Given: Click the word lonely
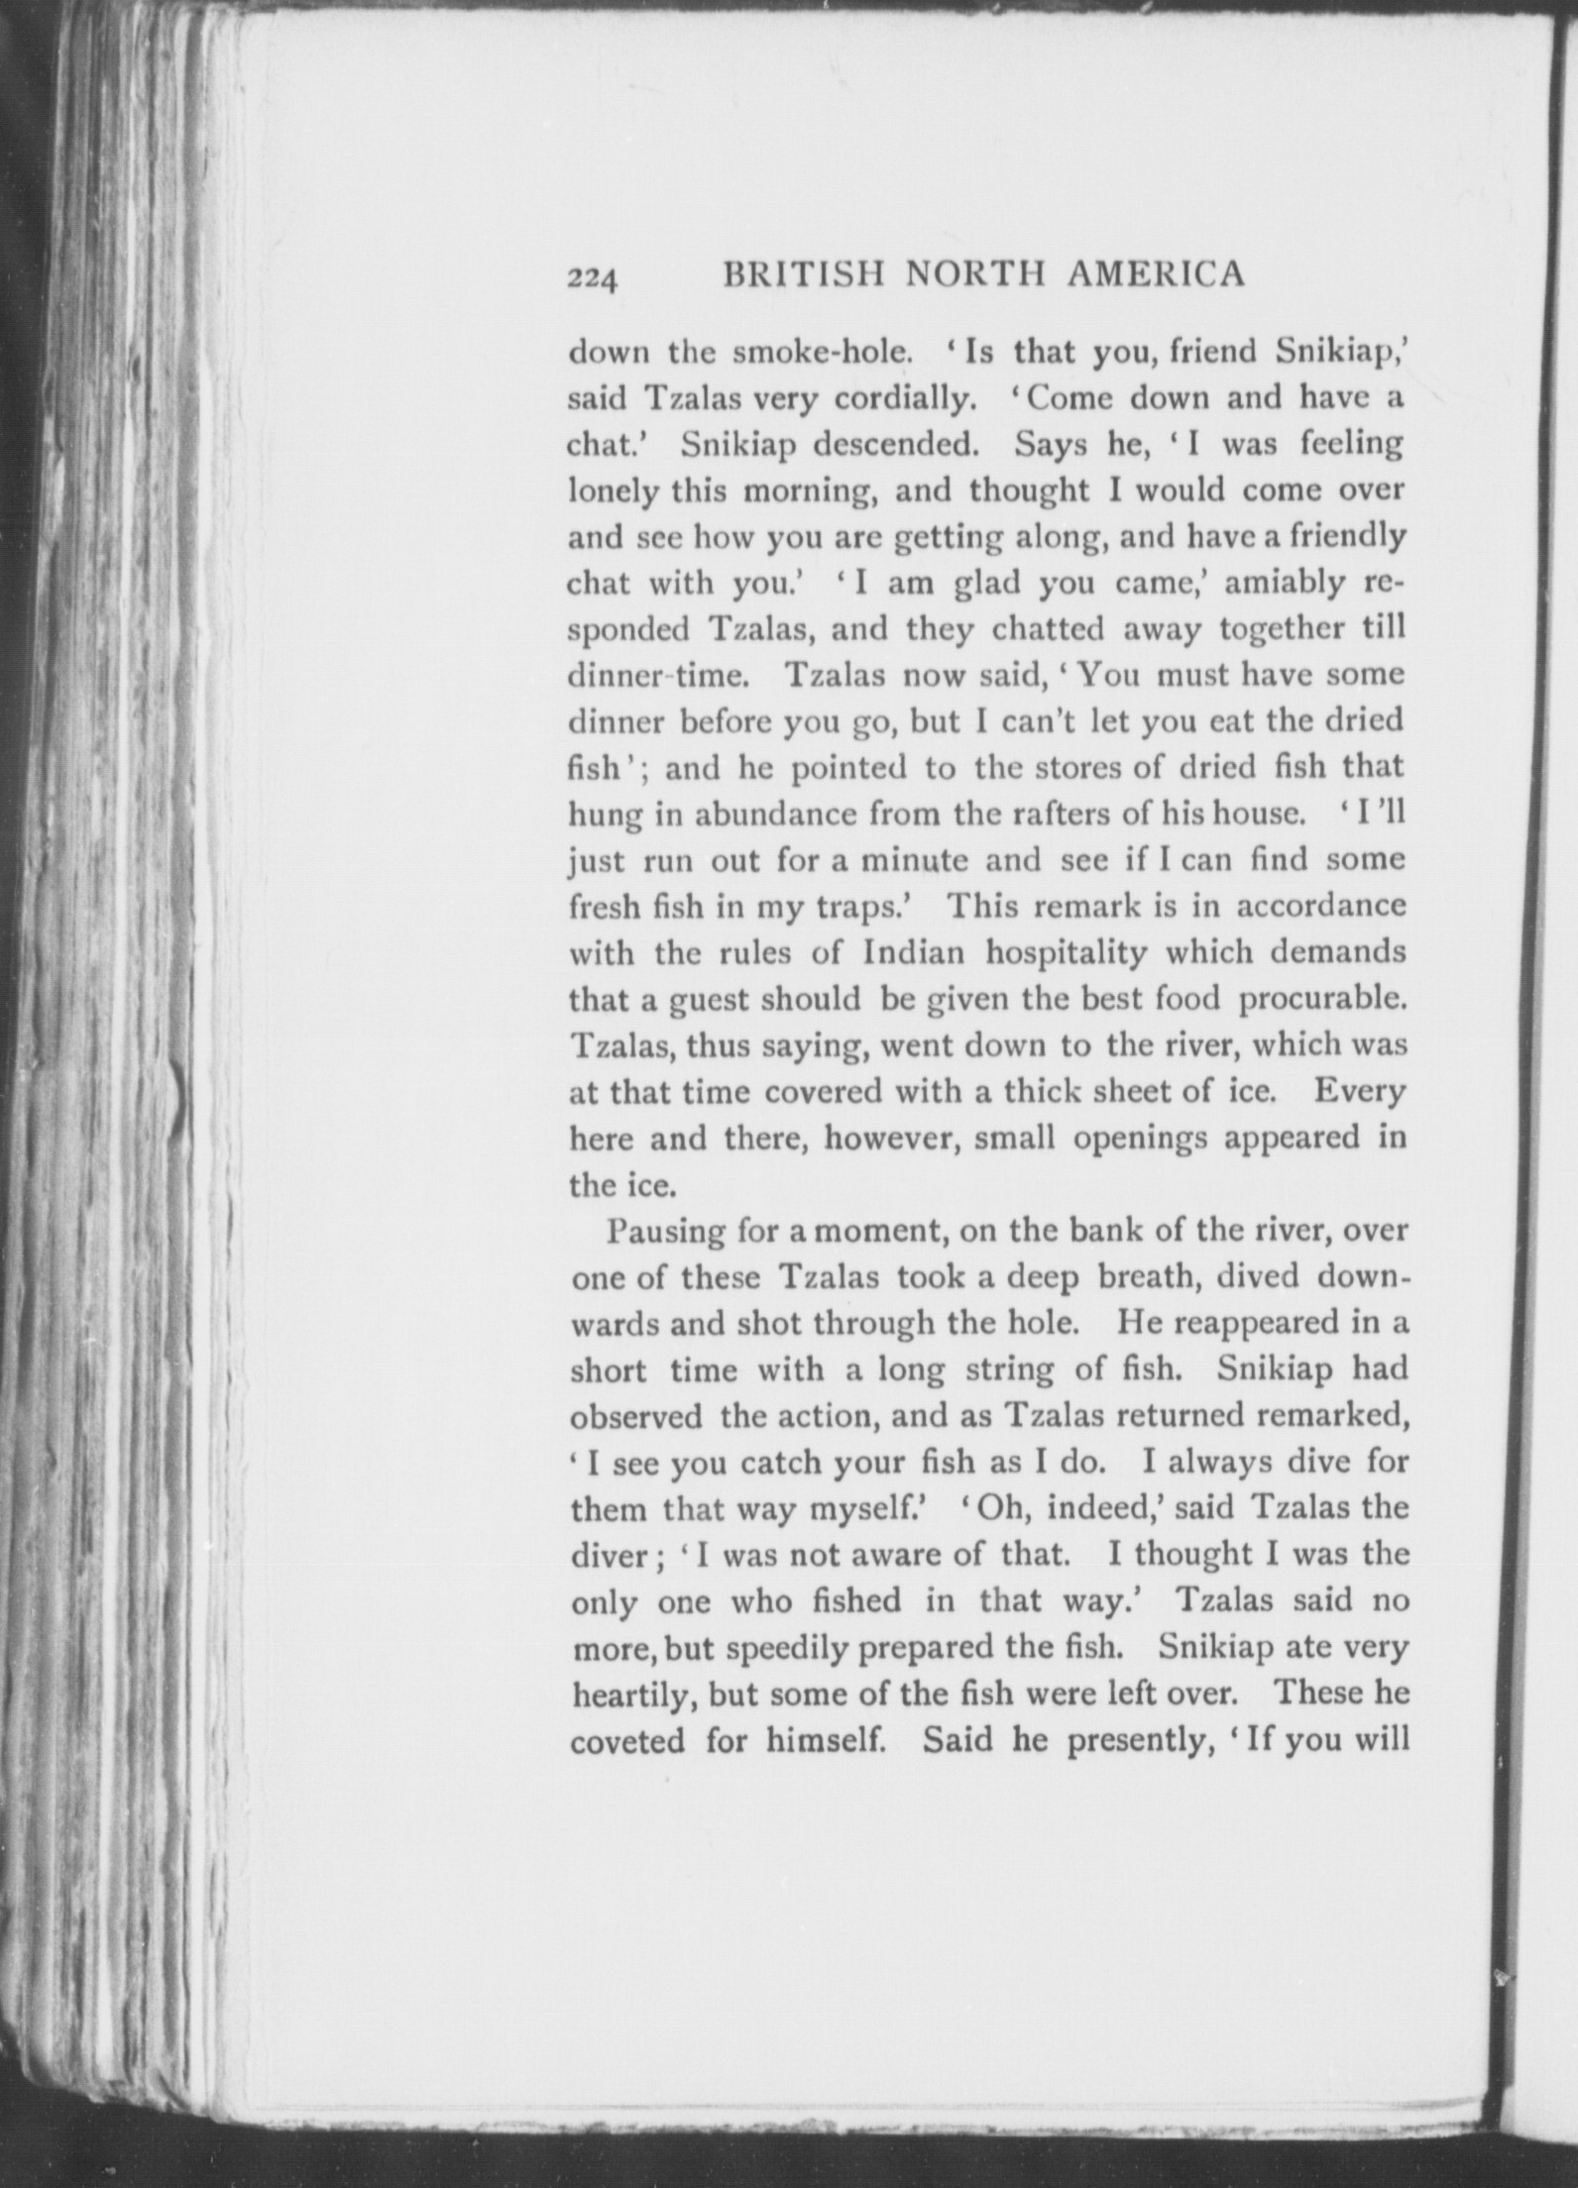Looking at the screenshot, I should click(x=612, y=492).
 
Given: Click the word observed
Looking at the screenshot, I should click(x=636, y=1416).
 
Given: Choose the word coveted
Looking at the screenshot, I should click(x=627, y=1741).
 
